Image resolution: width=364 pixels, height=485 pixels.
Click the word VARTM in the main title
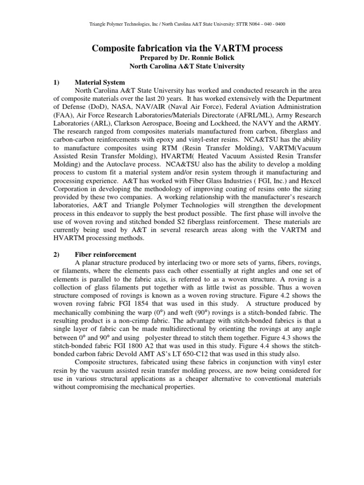(208, 46)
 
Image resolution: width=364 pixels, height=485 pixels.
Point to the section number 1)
(56, 82)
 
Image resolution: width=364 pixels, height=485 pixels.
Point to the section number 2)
(56, 254)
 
